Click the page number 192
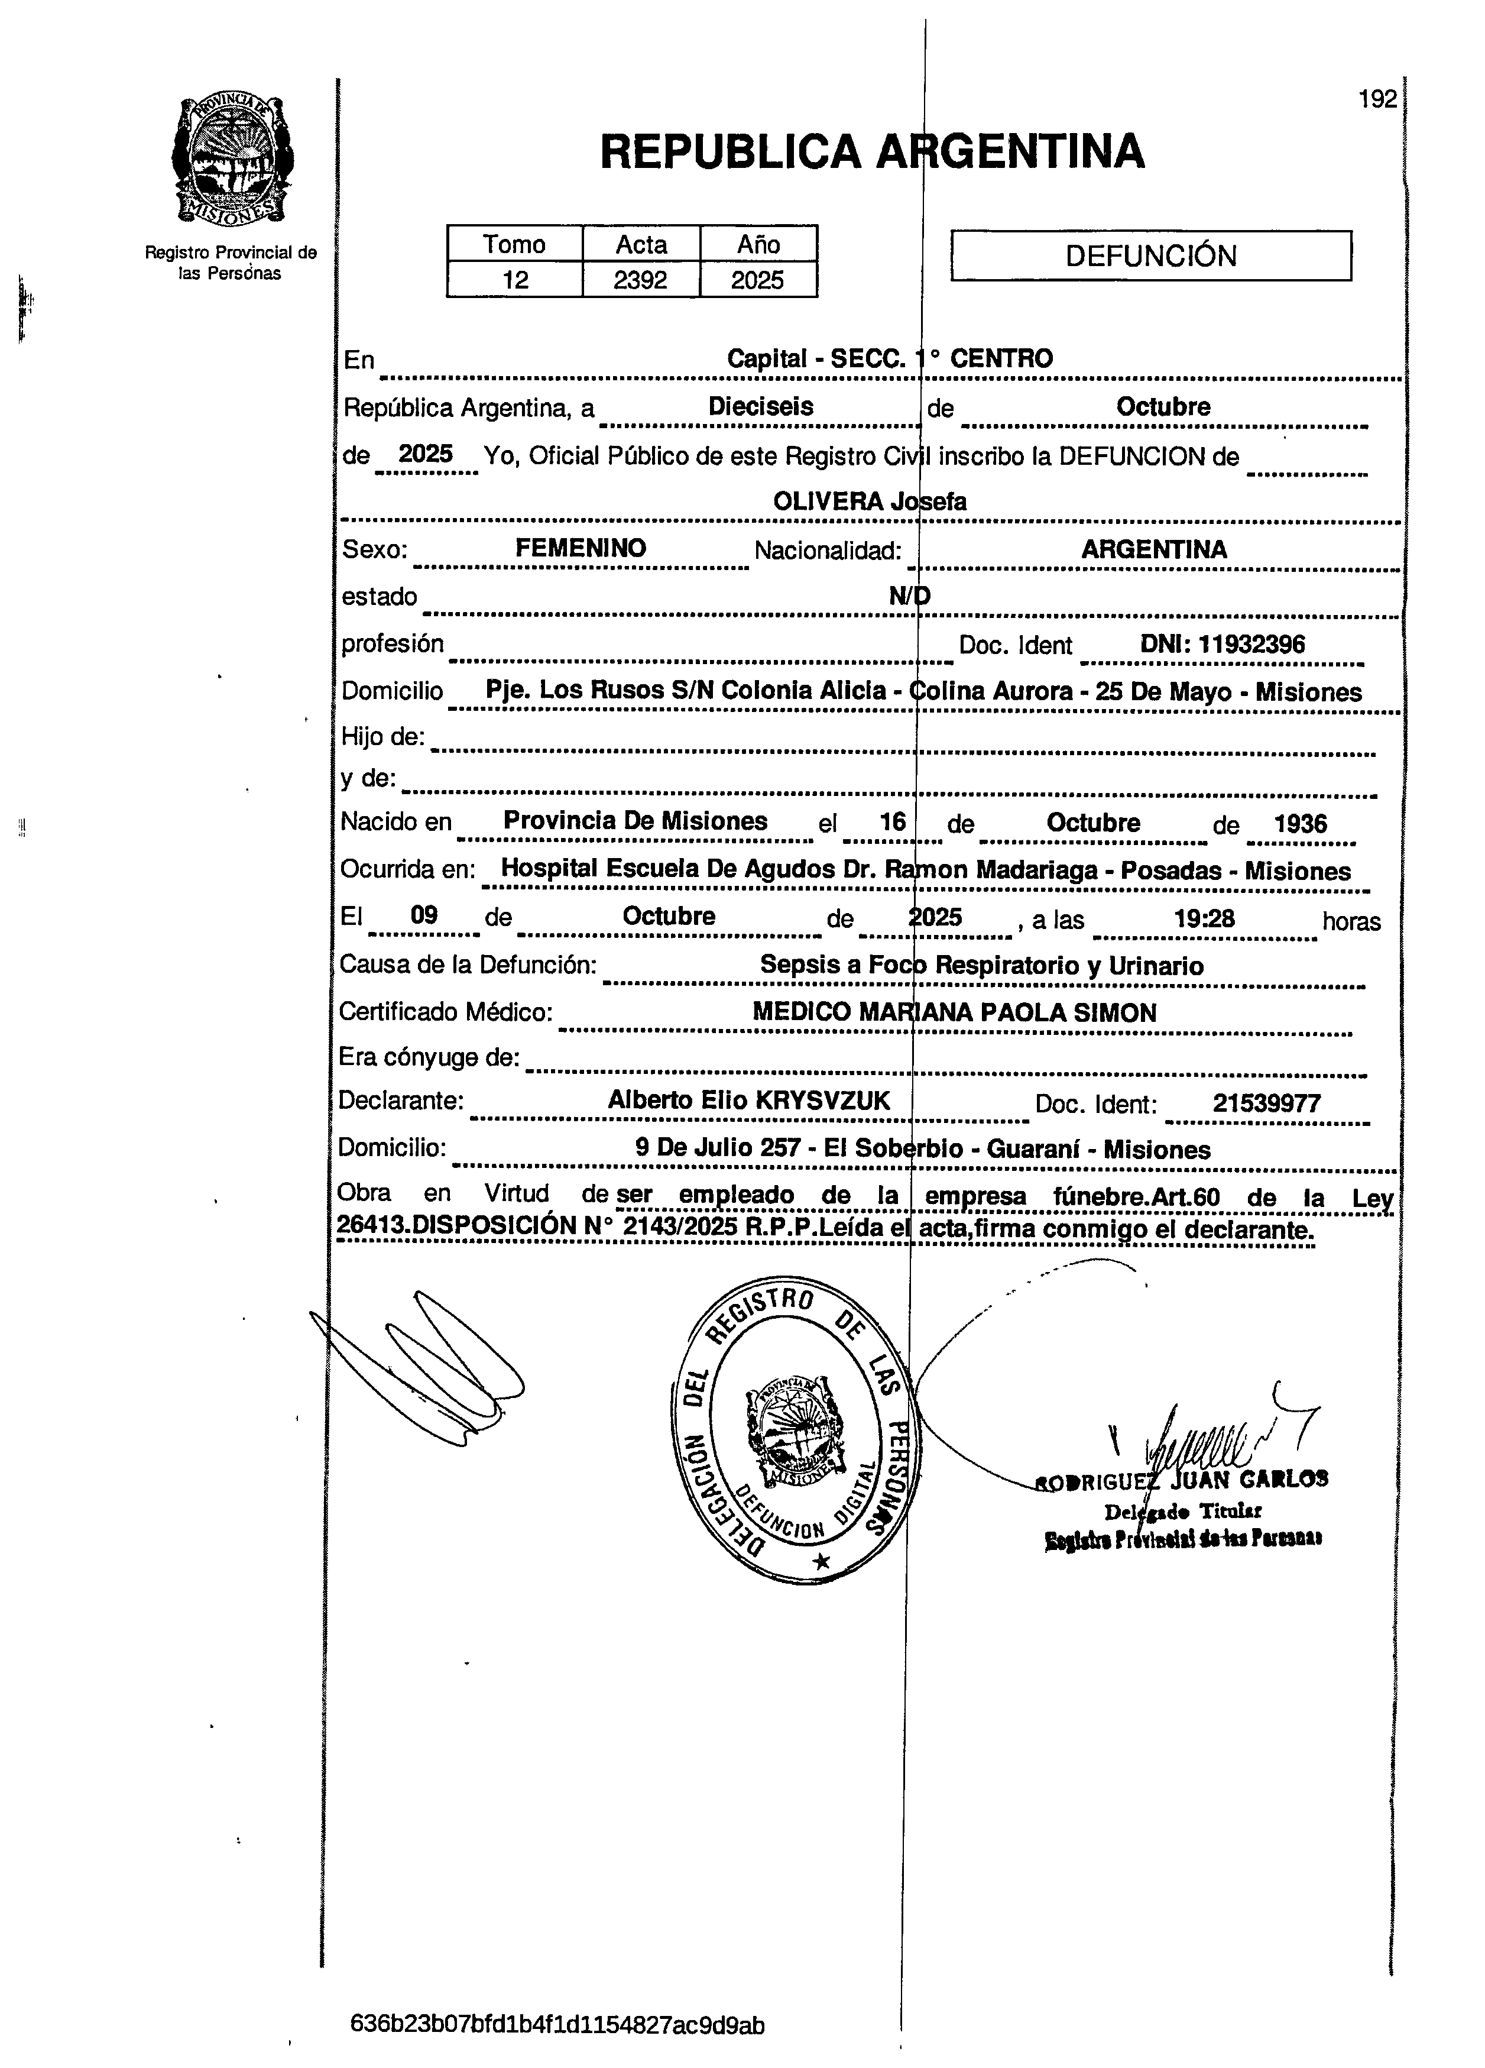coord(1376,99)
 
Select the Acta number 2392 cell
coord(640,280)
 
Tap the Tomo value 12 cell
coord(515,280)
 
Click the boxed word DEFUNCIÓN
coord(1150,255)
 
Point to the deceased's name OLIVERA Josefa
coord(869,500)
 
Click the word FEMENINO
coord(581,548)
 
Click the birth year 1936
coord(1300,823)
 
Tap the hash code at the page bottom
coord(557,2026)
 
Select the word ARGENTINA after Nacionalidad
coord(1153,549)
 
